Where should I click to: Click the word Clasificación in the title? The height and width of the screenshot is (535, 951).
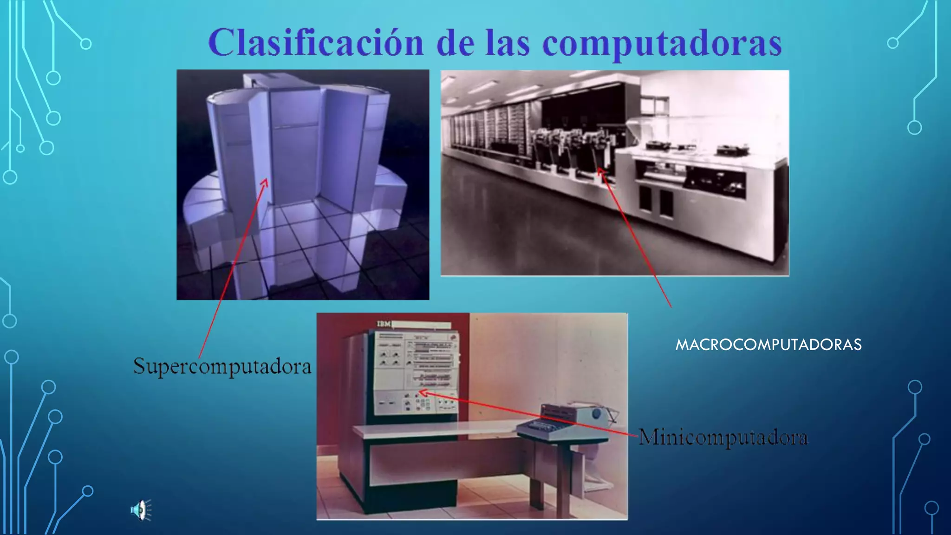(316, 43)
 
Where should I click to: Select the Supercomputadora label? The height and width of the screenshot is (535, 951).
(222, 366)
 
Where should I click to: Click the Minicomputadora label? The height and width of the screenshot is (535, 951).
(723, 437)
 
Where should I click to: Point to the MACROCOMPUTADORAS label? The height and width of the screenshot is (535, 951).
(769, 345)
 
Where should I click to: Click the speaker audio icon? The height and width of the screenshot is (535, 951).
(141, 510)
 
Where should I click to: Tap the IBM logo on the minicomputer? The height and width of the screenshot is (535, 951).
(384, 324)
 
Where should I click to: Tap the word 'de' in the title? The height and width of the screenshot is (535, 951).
(456, 43)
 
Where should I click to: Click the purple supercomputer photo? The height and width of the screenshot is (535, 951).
(303, 185)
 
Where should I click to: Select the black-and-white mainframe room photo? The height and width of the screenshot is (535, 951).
(614, 173)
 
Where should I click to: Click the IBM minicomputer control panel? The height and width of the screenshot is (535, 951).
(416, 372)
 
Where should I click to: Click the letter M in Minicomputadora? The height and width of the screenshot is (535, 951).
(647, 437)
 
